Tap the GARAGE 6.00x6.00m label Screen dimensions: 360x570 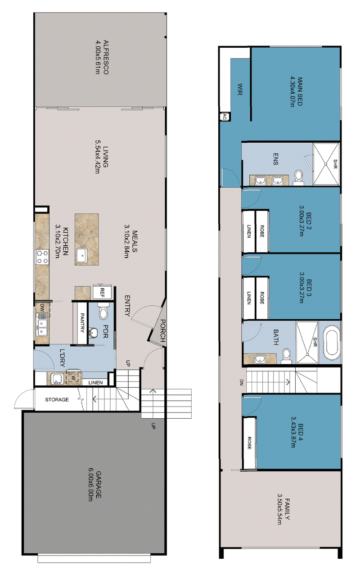(x=94, y=486)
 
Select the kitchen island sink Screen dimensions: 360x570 (x=81, y=255)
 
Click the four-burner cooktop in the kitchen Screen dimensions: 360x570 (x=42, y=257)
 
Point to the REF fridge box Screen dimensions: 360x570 (x=102, y=292)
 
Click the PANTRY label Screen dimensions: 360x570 (x=82, y=323)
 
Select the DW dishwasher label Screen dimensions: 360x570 (x=42, y=307)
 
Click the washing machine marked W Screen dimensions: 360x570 (x=73, y=378)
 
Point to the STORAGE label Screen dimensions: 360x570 (x=57, y=399)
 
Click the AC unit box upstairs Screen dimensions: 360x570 (x=225, y=117)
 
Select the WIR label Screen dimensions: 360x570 (x=240, y=89)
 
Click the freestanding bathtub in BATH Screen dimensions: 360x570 (x=332, y=341)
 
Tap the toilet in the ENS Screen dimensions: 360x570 (x=298, y=178)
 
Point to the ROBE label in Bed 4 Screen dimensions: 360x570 (x=249, y=443)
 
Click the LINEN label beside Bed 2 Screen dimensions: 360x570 (x=249, y=231)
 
